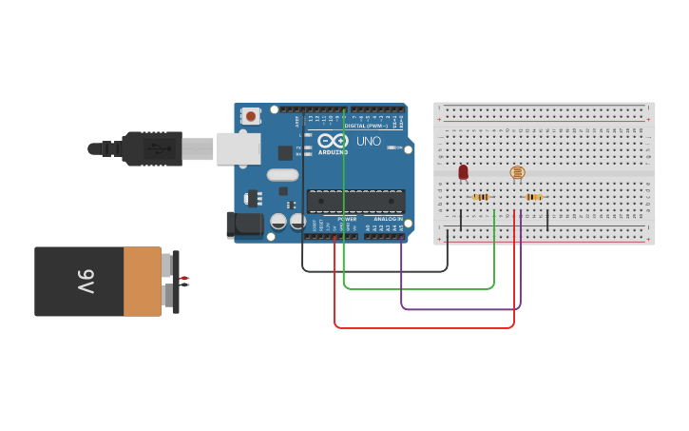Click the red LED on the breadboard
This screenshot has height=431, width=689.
tap(463, 172)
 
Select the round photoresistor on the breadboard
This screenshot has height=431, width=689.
tap(517, 172)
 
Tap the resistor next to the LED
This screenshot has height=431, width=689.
tap(481, 197)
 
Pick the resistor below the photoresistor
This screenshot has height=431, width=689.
tap(534, 197)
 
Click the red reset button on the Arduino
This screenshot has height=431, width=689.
tap(251, 116)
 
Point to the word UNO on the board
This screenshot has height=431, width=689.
tap(369, 142)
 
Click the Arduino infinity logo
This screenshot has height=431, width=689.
tap(333, 140)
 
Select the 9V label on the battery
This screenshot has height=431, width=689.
tap(85, 282)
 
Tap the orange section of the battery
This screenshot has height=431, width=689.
tap(143, 282)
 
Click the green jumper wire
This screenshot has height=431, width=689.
tap(418, 287)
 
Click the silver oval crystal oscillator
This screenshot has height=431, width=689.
tap(283, 174)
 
